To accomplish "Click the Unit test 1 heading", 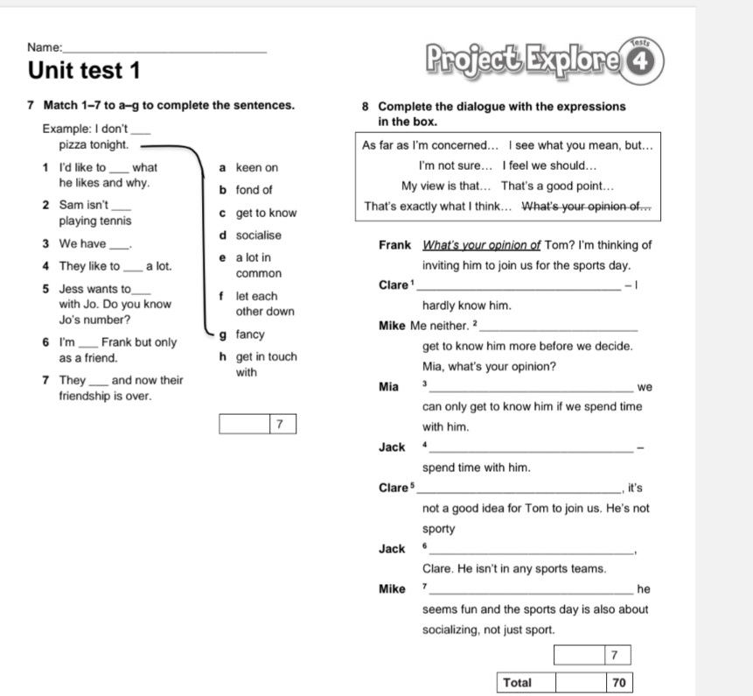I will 84,69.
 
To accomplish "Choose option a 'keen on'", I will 256,167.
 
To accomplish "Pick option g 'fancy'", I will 249,334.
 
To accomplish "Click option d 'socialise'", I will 258,236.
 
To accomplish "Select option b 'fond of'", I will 254,190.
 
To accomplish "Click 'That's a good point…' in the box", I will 558,186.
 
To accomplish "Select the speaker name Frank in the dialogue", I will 395,245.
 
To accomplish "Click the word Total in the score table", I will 519,682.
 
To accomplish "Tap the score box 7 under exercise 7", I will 278,425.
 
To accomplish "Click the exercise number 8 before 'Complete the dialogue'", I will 366,107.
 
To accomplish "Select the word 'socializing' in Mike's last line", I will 457,629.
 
